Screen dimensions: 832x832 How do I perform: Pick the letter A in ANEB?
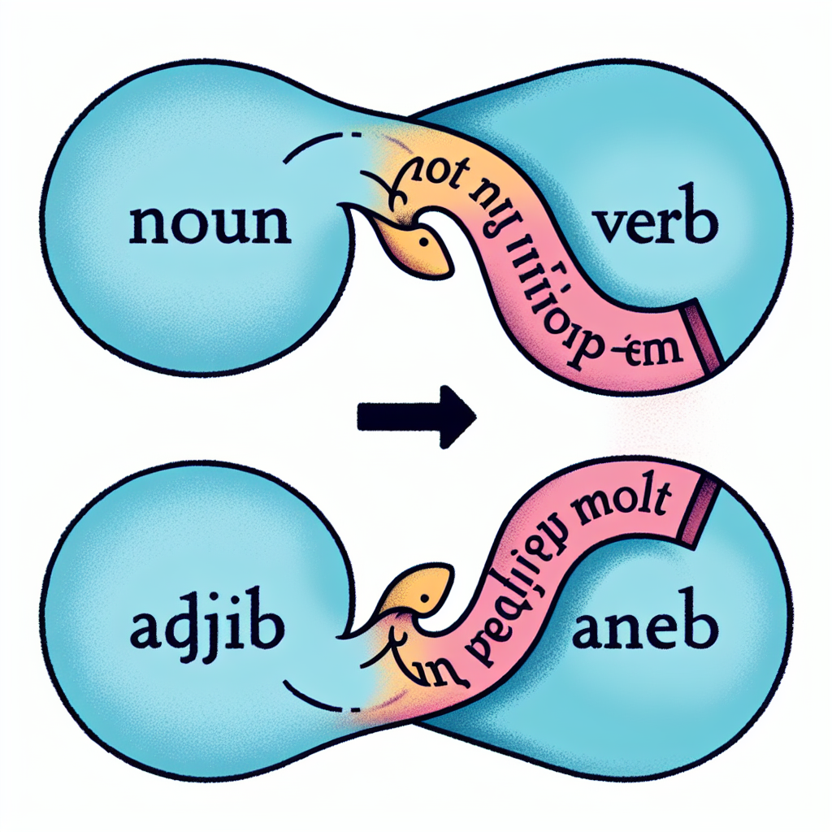tap(588, 631)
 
